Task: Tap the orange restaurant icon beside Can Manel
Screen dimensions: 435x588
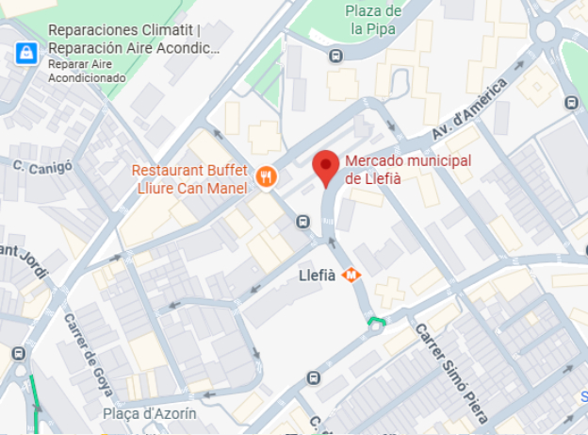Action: coord(266,176)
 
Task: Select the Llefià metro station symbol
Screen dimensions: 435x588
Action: coord(351,276)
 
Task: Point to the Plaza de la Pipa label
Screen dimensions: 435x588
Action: coord(373,20)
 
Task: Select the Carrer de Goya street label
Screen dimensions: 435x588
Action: coord(90,354)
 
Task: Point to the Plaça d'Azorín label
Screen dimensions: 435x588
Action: coord(150,413)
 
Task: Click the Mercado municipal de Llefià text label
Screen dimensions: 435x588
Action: coord(408,170)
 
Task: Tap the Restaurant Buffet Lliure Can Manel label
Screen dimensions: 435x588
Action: coord(189,179)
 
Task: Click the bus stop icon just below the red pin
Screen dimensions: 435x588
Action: coord(302,222)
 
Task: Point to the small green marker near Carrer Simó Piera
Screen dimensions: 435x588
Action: coord(377,324)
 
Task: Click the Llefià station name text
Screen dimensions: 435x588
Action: coord(317,276)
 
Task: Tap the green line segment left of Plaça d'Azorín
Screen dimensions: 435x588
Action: coord(35,401)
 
